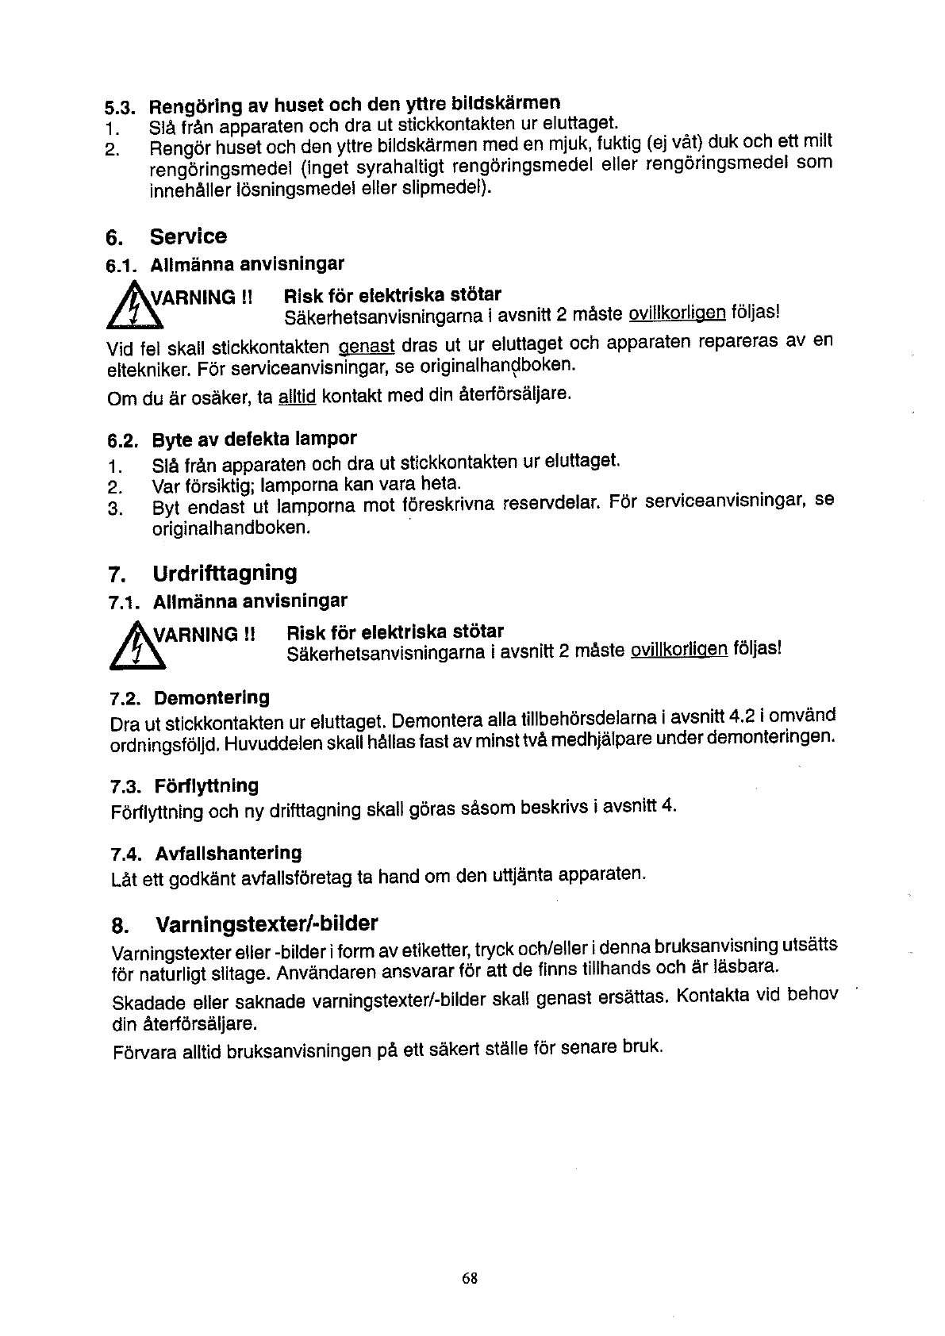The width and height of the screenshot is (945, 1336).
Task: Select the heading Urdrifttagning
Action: click(x=225, y=573)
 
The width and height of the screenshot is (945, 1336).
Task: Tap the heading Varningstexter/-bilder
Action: click(x=267, y=924)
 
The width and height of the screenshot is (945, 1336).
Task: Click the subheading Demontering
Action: click(x=211, y=698)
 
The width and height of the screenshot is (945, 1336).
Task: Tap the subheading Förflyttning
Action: click(x=206, y=786)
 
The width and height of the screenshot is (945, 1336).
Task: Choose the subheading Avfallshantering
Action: click(x=229, y=854)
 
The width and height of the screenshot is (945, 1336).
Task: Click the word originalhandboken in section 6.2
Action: click(x=230, y=528)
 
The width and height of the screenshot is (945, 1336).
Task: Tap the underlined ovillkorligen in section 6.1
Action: click(x=677, y=314)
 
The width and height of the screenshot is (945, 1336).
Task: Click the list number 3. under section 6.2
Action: click(x=114, y=509)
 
